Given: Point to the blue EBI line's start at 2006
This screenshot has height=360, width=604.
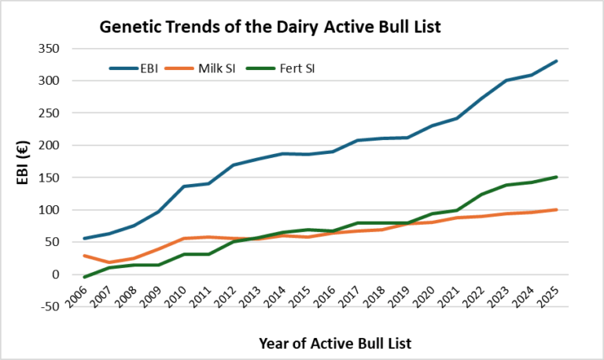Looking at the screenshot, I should (x=83, y=238).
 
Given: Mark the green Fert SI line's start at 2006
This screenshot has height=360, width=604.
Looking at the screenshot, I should (x=83, y=277).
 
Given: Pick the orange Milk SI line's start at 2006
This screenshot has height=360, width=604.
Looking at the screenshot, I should (x=83, y=255).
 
